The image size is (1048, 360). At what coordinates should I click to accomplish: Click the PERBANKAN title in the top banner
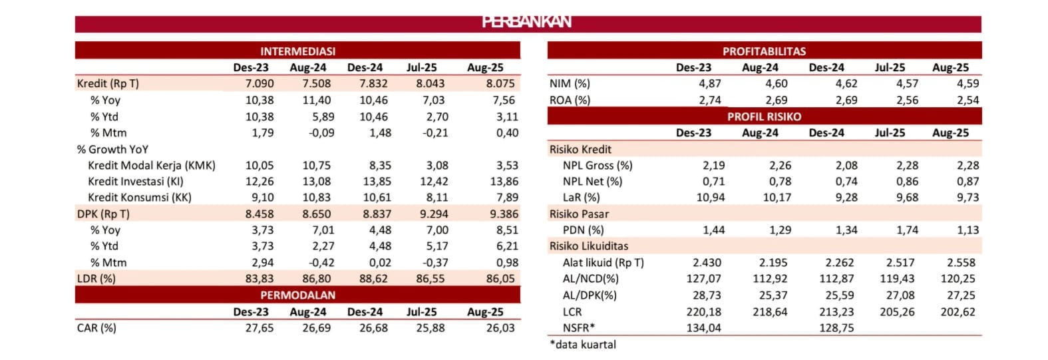[526, 22]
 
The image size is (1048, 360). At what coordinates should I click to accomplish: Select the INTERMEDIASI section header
[297, 51]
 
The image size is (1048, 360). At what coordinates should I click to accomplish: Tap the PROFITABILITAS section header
[764, 51]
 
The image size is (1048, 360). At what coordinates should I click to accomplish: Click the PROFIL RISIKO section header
[764, 116]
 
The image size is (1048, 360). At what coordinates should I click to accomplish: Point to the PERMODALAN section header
[297, 295]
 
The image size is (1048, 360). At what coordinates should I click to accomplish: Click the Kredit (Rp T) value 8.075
[500, 84]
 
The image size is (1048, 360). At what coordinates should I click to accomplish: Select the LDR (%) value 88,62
[373, 279]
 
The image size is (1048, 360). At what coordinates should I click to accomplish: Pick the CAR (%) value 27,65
[259, 328]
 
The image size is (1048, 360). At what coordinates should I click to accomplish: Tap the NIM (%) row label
[570, 84]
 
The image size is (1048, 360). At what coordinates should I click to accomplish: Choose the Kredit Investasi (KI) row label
[136, 182]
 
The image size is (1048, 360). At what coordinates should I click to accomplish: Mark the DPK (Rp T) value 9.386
[502, 214]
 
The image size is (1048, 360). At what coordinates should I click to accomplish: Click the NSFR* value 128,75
[836, 328]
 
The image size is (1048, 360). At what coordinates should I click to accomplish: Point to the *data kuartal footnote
[583, 345]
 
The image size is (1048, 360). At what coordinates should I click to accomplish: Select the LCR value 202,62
[958, 312]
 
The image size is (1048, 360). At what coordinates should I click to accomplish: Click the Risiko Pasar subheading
[579, 214]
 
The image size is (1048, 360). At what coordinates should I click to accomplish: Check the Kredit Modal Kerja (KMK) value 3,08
[433, 166]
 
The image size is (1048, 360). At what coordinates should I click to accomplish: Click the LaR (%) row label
[581, 198]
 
